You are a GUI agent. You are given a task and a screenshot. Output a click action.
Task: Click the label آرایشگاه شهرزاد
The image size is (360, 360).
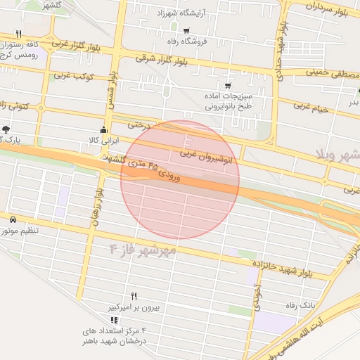(x=174, y=13)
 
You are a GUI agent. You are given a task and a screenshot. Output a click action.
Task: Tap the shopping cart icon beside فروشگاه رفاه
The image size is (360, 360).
(x=186, y=31)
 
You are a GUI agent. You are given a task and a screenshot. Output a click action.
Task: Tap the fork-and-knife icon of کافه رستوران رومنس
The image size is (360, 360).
(x=18, y=34)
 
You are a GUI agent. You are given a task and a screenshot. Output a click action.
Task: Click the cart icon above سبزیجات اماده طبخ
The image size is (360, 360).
(x=227, y=86)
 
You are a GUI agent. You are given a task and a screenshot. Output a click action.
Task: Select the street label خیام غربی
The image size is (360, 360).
(x=312, y=108)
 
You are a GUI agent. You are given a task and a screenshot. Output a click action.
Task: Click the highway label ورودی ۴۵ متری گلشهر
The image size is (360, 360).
(x=148, y=167)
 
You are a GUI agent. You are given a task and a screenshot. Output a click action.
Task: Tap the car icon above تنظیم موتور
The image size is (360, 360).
(x=13, y=219)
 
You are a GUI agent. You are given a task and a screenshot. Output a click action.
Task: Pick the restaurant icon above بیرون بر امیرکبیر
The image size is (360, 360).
(x=134, y=296)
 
